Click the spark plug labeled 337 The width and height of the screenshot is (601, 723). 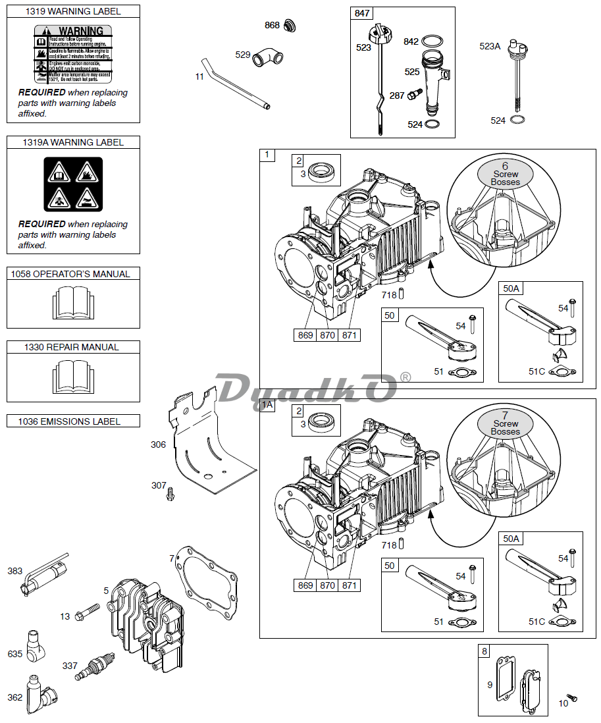point(95,665)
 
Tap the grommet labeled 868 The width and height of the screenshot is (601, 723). point(290,26)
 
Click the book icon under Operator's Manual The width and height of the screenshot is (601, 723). point(73,304)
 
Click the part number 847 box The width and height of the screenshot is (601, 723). point(362,14)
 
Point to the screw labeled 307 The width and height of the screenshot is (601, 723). point(171,492)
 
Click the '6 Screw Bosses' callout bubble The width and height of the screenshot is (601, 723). point(505,174)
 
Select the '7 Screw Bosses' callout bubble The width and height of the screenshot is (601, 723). point(505,423)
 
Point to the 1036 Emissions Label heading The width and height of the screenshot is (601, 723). point(73,421)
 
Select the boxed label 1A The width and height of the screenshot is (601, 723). point(267,405)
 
